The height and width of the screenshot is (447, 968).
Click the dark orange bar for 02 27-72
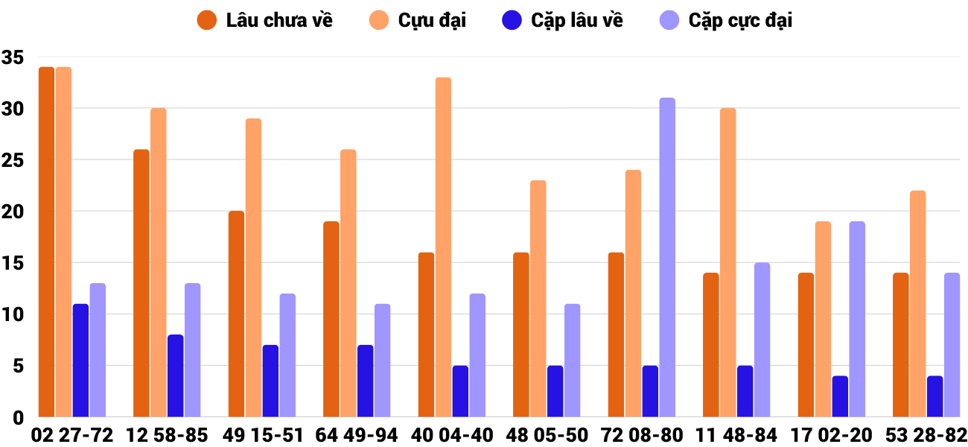[46, 242]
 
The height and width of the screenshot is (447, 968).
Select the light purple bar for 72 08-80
[667, 257]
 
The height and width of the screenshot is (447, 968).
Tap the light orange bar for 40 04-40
[443, 247]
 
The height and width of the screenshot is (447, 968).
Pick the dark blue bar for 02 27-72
[80, 361]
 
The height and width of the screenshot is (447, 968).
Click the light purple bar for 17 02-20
[857, 319]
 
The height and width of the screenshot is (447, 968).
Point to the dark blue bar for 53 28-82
[934, 396]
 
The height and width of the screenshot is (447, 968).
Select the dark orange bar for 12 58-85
[141, 283]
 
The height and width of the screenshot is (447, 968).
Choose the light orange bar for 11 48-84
[727, 262]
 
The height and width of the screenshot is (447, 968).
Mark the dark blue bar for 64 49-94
[366, 381]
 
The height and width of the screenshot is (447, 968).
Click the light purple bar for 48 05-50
[572, 361]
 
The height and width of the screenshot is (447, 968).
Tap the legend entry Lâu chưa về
[264, 20]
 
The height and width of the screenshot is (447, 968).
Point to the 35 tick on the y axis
[13, 57]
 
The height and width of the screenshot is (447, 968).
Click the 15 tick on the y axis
[13, 263]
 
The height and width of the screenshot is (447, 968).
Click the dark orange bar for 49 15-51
[236, 314]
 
